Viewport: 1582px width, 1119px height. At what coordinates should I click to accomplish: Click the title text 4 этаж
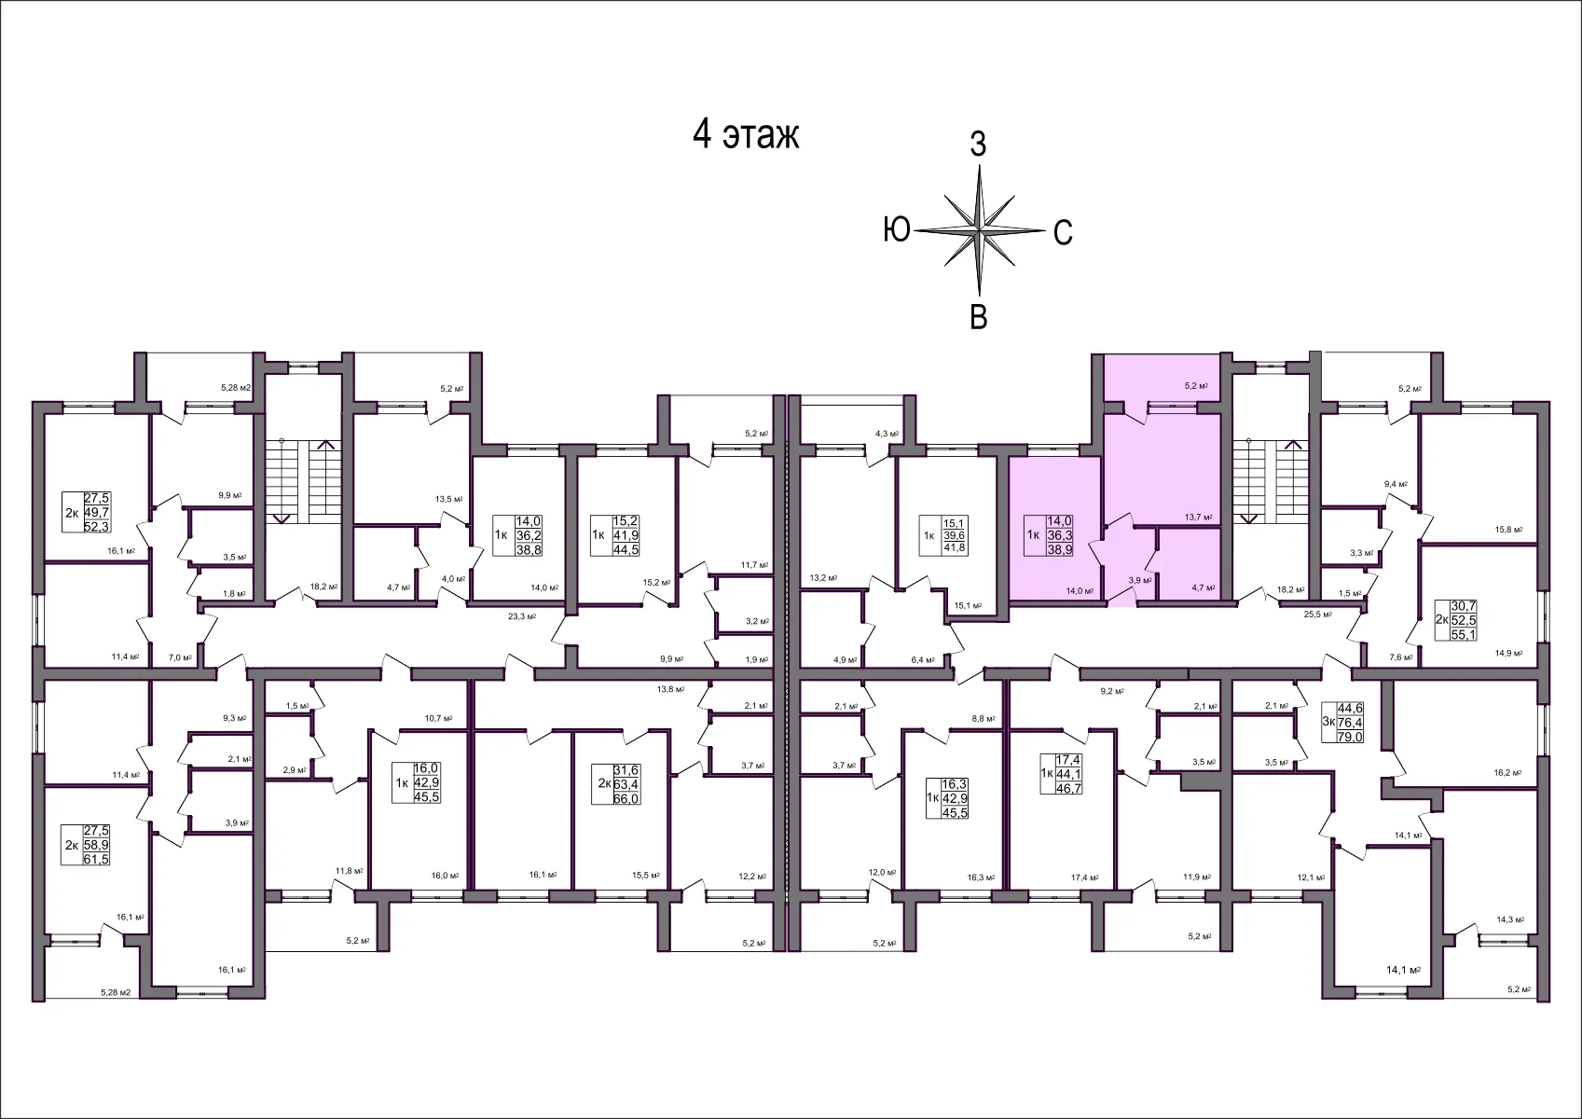pos(746,134)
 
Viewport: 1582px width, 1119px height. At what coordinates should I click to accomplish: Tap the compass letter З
pos(978,145)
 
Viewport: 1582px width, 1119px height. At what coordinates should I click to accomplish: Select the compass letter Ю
pos(897,229)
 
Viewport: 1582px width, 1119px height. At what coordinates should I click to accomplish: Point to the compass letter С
pos(1063,232)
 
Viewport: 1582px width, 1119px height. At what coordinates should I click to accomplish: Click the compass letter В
pos(979,317)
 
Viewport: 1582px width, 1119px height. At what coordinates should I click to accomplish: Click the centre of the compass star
pos(980,229)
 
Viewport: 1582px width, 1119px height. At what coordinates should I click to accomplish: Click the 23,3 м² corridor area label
pos(524,616)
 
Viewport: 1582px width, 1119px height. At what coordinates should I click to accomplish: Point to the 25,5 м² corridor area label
pos(1317,615)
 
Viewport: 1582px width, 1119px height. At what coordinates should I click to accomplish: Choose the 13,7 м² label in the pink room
pos(1198,517)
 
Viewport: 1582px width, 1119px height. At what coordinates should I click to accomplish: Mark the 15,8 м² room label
pos(1508,530)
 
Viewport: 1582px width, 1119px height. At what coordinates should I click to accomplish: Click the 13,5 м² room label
pos(449,499)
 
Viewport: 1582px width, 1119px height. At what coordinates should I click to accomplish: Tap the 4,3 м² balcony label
pos(887,434)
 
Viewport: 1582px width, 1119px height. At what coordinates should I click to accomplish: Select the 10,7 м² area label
pos(438,718)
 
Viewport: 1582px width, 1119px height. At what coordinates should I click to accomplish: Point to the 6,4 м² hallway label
pos(922,660)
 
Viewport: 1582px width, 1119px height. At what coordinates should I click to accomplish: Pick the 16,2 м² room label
pos(1507,773)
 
